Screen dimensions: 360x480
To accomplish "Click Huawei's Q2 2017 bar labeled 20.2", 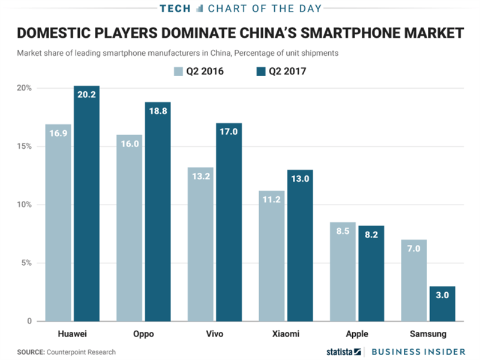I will [x=86, y=204].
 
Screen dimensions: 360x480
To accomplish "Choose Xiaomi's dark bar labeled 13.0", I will [x=300, y=246].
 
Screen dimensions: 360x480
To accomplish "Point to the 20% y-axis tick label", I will [x=25, y=88].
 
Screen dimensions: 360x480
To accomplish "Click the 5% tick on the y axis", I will [x=27, y=263].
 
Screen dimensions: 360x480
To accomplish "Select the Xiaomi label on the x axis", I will [x=286, y=334].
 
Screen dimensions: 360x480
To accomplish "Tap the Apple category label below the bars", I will [x=356, y=334].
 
